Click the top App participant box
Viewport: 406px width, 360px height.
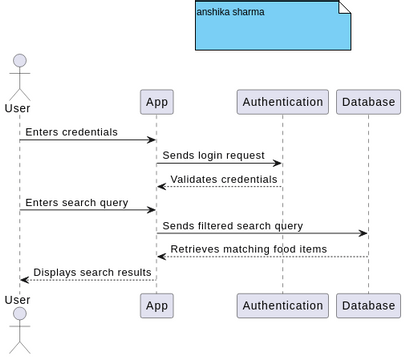pyautogui.click(x=156, y=102)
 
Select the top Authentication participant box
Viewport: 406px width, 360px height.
pyautogui.click(x=282, y=102)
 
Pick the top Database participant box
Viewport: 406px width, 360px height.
pyautogui.click(x=368, y=102)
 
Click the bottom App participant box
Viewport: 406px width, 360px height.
pyautogui.click(x=156, y=304)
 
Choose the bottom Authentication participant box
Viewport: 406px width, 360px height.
pyautogui.click(x=282, y=304)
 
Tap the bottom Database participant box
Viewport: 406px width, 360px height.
pyautogui.click(x=368, y=304)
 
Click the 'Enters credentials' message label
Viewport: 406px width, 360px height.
pyautogui.click(x=71, y=132)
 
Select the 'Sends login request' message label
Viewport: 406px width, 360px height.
pyautogui.click(x=214, y=156)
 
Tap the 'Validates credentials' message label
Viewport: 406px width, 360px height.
pyautogui.click(x=224, y=179)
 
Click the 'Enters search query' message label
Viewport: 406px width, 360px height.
pyautogui.click(x=76, y=202)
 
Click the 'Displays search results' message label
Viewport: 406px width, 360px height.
pyautogui.click(x=92, y=272)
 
